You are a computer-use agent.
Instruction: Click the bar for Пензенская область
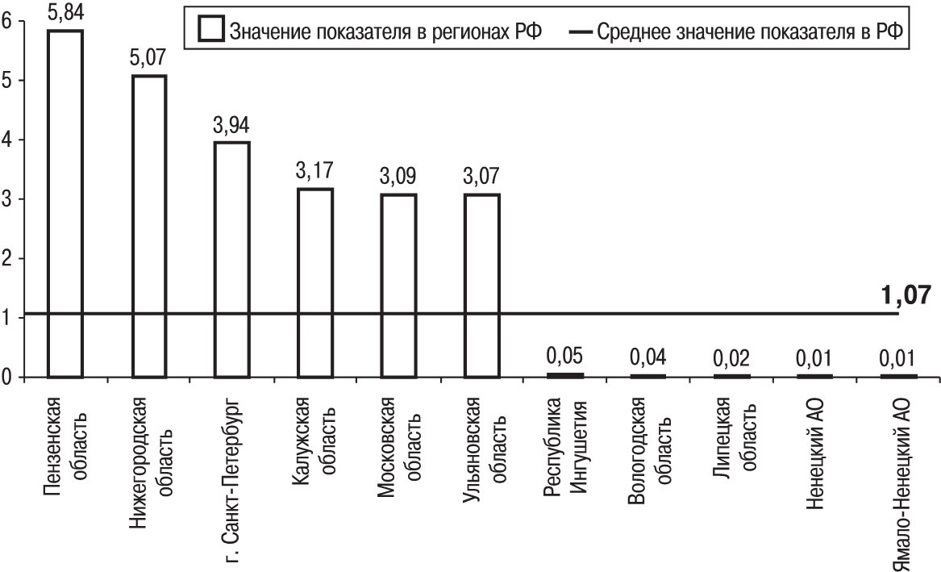pyautogui.click(x=65, y=203)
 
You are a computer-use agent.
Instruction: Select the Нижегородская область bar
pyautogui.click(x=148, y=226)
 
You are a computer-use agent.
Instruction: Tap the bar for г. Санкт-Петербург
pyautogui.click(x=232, y=259)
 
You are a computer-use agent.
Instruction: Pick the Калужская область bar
pyautogui.click(x=315, y=282)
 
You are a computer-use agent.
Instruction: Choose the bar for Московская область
pyautogui.click(x=398, y=285)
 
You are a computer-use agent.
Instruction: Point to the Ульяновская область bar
pyautogui.click(x=482, y=285)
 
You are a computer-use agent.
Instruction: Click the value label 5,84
pyautogui.click(x=65, y=15)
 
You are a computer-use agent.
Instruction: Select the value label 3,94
pyautogui.click(x=232, y=126)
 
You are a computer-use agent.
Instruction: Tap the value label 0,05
pyautogui.click(x=565, y=356)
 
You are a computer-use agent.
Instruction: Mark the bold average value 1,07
pyautogui.click(x=908, y=295)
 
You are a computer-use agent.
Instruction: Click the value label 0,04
pyautogui.click(x=648, y=356)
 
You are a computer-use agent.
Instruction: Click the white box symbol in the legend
pyautogui.click(x=212, y=30)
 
